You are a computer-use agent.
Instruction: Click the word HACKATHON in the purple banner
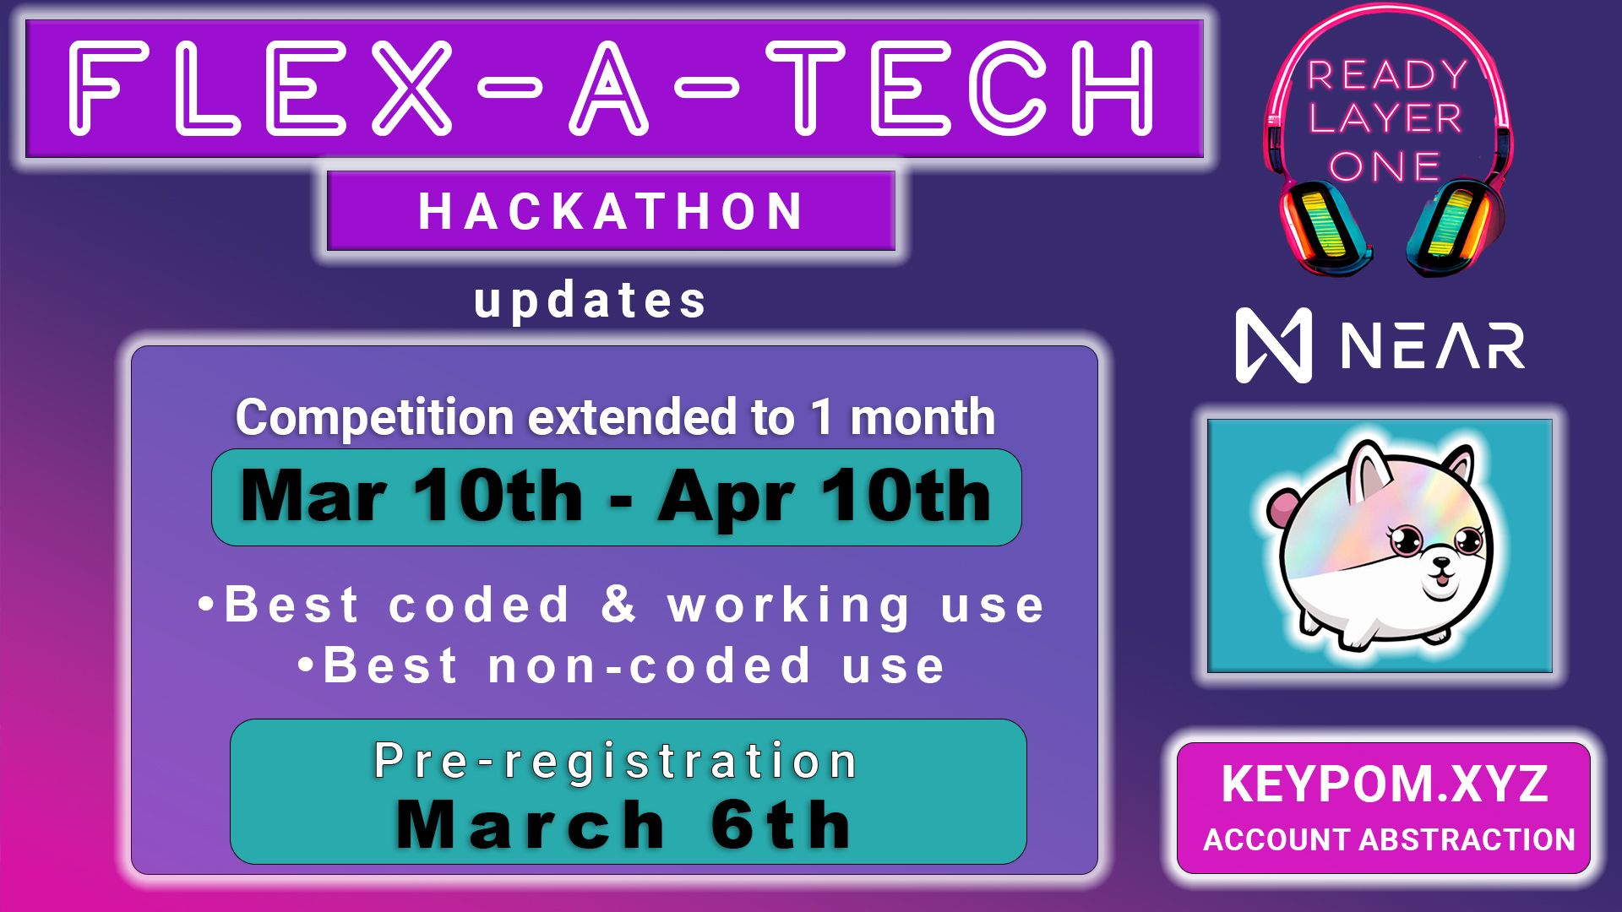pos(610,211)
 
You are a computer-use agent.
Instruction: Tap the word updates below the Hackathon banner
pos(590,301)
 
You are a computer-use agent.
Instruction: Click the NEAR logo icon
pos(1273,345)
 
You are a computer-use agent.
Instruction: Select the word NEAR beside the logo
pos(1433,346)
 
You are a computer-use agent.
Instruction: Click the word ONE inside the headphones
pos(1385,166)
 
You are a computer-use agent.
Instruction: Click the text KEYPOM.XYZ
pos(1385,784)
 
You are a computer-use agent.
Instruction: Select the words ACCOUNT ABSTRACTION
pos(1389,840)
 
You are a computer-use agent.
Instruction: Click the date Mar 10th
pos(411,497)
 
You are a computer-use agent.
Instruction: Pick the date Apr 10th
pos(825,497)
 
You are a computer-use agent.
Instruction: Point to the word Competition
pos(374,418)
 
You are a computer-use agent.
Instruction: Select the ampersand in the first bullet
pos(618,604)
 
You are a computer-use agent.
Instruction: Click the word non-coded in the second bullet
pos(650,665)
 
